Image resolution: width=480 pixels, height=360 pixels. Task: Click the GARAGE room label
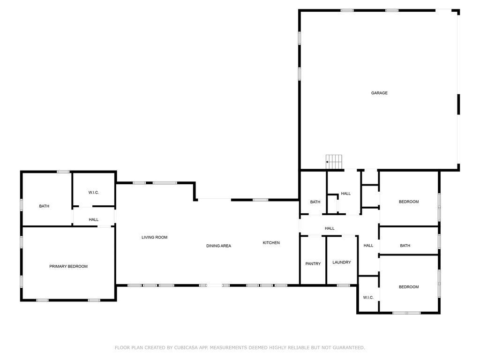[x=379, y=93]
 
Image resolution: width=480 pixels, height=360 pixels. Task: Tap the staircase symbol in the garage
[x=334, y=162]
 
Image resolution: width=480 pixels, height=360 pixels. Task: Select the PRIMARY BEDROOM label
[x=68, y=266]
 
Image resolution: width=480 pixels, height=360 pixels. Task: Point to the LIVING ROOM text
[x=154, y=237]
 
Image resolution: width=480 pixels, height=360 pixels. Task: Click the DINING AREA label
[x=218, y=246]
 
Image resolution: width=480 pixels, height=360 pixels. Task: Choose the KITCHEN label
[x=271, y=243]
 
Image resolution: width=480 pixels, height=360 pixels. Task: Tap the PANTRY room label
[x=313, y=263]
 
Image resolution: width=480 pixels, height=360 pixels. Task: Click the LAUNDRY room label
[x=342, y=262]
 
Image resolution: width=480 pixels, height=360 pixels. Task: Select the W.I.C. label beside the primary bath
[x=94, y=193]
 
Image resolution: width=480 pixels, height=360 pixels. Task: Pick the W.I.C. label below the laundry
[x=368, y=298]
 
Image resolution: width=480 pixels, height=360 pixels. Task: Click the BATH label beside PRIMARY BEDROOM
[x=44, y=206]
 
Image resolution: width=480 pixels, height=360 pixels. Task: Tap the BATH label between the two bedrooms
[x=405, y=246]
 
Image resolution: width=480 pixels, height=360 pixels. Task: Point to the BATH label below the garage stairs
[x=315, y=202]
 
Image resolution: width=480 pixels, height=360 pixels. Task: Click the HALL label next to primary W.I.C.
[x=94, y=219]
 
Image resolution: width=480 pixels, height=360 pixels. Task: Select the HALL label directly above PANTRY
[x=330, y=228]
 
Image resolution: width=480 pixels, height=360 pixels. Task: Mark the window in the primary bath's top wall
[x=63, y=172]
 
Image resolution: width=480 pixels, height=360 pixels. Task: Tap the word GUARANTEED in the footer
[x=349, y=348]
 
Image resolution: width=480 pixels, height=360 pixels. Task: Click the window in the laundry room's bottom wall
[x=344, y=285]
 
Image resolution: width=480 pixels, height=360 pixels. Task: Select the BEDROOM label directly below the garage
[x=409, y=202]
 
